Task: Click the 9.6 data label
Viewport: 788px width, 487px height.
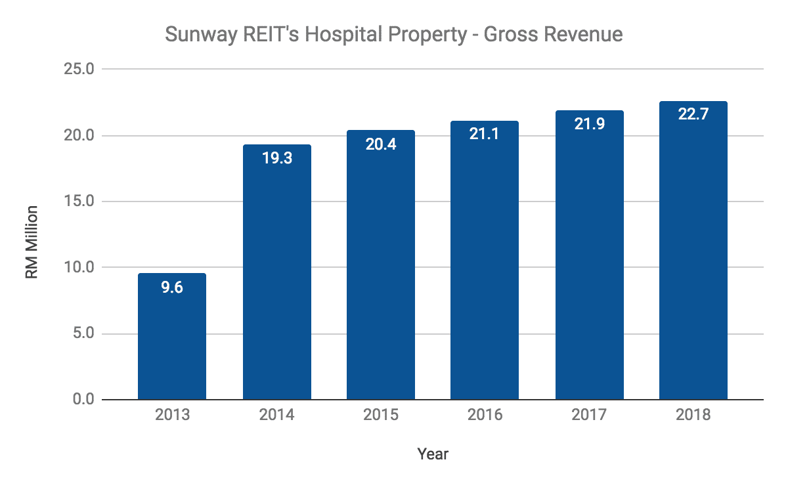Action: tap(172, 287)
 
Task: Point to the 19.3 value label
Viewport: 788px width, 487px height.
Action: tap(276, 159)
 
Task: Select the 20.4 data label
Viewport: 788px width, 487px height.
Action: tap(380, 144)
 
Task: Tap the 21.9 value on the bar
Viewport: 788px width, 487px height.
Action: tap(589, 125)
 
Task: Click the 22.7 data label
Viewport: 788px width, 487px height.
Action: tap(693, 116)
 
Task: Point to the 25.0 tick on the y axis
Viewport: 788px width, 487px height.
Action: tap(79, 69)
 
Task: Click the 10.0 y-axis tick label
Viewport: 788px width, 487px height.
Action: tap(79, 267)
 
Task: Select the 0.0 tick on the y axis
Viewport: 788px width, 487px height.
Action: tap(83, 399)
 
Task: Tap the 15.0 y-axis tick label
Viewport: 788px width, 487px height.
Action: tap(79, 201)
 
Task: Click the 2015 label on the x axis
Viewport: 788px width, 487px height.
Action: tap(380, 415)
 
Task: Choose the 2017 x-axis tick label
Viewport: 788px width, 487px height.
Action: tap(589, 415)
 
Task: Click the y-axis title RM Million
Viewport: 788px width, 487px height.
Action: tap(32, 242)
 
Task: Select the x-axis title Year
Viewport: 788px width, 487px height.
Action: tap(433, 454)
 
